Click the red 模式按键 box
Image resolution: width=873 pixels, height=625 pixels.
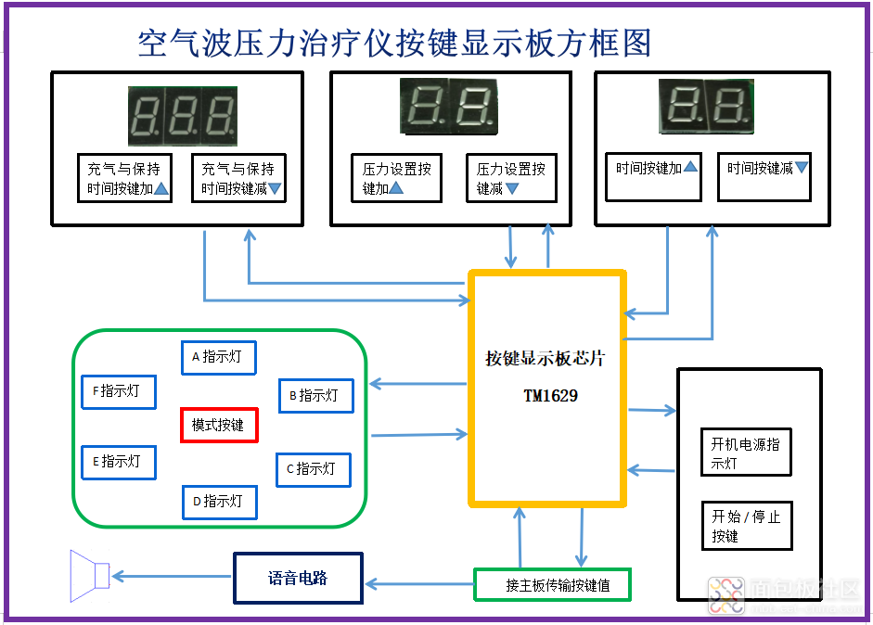[218, 425]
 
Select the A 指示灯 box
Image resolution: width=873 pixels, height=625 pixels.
[218, 357]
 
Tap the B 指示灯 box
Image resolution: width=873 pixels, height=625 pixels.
[315, 395]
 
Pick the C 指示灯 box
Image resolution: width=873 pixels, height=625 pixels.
[314, 469]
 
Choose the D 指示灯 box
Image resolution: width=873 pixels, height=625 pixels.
[219, 502]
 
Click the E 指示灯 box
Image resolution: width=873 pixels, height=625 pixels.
[119, 462]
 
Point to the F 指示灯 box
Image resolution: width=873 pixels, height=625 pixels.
[119, 391]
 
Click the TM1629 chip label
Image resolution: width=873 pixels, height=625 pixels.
[550, 396]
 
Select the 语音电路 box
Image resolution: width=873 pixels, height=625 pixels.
[298, 579]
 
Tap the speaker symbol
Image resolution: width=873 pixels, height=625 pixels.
[90, 576]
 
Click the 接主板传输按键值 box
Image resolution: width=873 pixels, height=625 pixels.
[553, 585]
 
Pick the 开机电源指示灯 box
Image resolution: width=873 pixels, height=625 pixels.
[746, 453]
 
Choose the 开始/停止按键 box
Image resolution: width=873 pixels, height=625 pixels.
[746, 526]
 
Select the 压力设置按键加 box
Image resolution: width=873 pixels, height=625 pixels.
[396, 178]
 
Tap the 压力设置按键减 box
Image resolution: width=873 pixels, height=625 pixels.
[510, 178]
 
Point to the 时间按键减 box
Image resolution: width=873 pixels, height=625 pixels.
[765, 176]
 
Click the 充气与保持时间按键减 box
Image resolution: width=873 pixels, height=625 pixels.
[240, 178]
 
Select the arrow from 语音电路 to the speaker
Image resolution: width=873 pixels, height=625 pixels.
[172, 577]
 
